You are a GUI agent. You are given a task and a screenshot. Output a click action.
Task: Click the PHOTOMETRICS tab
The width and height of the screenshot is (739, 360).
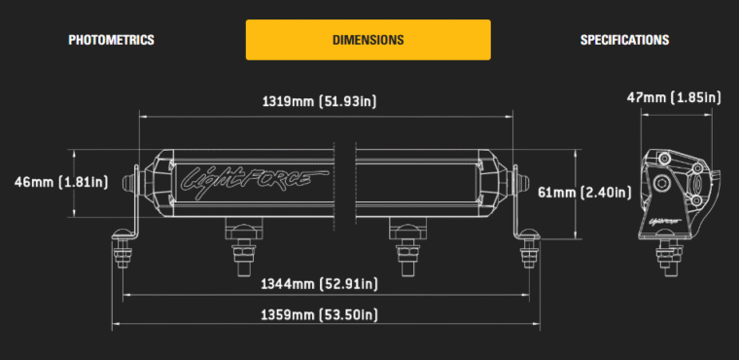111,40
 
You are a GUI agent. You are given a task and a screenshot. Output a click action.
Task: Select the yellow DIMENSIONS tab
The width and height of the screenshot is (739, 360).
369,40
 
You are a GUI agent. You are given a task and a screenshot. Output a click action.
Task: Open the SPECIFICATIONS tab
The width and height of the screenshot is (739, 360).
624,40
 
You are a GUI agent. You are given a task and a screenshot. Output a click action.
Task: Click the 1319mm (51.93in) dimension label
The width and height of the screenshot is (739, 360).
320,101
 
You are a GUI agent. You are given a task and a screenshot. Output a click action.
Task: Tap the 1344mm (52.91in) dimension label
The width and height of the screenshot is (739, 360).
320,283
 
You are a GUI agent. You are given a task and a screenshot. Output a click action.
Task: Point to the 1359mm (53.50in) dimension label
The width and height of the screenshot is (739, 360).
320,314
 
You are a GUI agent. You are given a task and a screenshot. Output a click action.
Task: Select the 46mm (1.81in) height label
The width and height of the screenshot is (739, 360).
61,182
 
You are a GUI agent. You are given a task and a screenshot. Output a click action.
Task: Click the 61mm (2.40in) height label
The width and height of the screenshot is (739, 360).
585,193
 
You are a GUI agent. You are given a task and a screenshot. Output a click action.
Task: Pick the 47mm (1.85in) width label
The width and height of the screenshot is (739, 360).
674,97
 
